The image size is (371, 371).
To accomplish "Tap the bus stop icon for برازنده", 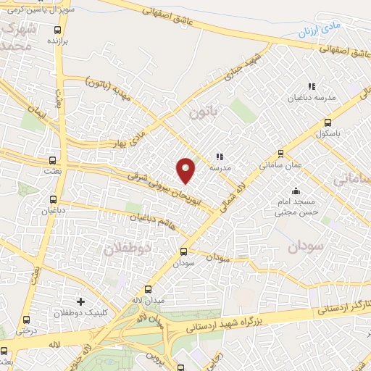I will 57,30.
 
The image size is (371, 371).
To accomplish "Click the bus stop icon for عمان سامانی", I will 281,153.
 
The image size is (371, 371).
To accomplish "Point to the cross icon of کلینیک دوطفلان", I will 80,301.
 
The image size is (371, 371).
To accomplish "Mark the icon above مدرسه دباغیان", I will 312,87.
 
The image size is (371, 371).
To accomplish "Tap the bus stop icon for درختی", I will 27,319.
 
